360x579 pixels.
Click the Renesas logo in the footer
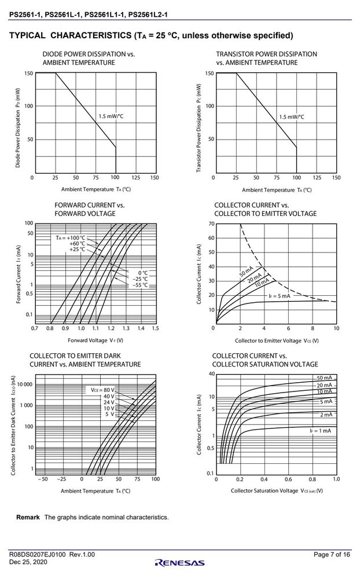(x=180, y=563)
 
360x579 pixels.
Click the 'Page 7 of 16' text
(x=332, y=554)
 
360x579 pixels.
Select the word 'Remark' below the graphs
(x=28, y=517)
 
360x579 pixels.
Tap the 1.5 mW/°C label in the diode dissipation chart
(x=111, y=116)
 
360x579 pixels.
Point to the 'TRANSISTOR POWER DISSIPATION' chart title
(x=267, y=54)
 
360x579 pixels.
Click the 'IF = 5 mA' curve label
(x=280, y=296)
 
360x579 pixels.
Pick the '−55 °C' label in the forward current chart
(x=140, y=285)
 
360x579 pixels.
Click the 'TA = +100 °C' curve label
(x=71, y=238)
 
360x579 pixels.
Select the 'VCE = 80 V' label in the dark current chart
(x=102, y=390)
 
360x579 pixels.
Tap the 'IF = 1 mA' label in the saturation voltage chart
(x=321, y=431)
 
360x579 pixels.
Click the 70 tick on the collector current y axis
(x=211, y=223)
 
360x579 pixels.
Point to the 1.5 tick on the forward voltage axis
(x=155, y=328)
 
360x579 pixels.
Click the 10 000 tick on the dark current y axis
(x=24, y=384)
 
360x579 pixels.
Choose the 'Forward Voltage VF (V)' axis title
(x=95, y=340)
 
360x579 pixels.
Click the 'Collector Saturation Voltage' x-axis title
(x=265, y=490)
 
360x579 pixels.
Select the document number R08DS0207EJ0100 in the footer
(x=38, y=554)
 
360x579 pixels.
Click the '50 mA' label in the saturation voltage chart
(x=325, y=378)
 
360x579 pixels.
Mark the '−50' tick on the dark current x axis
(x=43, y=479)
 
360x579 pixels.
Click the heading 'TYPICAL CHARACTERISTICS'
(x=70, y=35)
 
